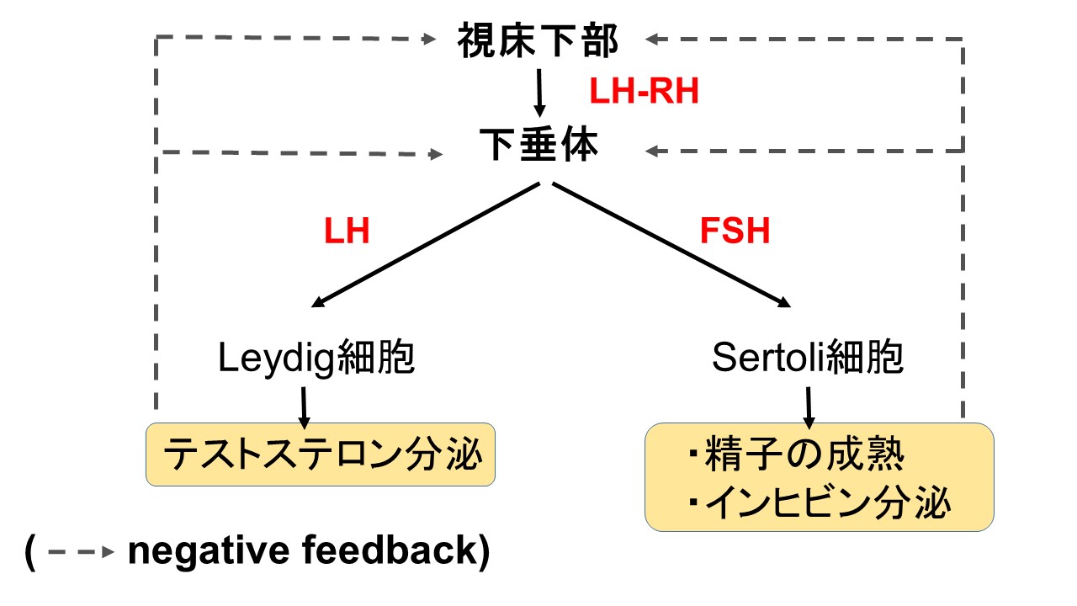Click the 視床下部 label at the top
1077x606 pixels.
pyautogui.click(x=538, y=40)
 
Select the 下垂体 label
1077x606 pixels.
pyautogui.click(x=539, y=144)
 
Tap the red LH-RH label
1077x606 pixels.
pyautogui.click(x=644, y=91)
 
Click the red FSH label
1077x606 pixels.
pyautogui.click(x=735, y=231)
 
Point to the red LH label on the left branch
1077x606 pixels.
pyautogui.click(x=347, y=231)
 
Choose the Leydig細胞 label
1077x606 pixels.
pyautogui.click(x=316, y=358)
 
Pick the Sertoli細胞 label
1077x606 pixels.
pyautogui.click(x=807, y=358)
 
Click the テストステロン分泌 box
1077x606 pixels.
pyautogui.click(x=321, y=454)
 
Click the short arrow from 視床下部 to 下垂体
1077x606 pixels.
pyautogui.click(x=539, y=93)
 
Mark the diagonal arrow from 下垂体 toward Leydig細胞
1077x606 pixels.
pyautogui.click(x=426, y=245)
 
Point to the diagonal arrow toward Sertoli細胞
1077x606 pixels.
pyautogui.click(x=671, y=245)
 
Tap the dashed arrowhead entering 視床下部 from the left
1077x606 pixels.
pyautogui.click(x=429, y=39)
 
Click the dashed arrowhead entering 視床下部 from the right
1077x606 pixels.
pyautogui.click(x=651, y=39)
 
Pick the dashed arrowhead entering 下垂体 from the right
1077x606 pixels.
pyautogui.click(x=651, y=151)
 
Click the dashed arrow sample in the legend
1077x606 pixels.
pyautogui.click(x=82, y=551)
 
